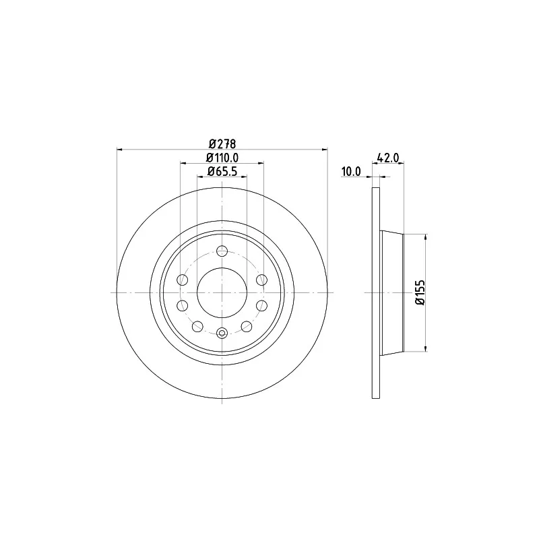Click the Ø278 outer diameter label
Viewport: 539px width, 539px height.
222,144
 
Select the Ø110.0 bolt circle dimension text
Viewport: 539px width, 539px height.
222,158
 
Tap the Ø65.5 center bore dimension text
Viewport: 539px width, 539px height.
222,171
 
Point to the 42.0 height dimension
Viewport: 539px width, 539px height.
388,158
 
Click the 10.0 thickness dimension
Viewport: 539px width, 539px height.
351,171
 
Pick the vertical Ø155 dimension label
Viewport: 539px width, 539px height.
420,292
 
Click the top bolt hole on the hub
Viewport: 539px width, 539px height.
222,251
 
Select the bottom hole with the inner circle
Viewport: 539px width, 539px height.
222,333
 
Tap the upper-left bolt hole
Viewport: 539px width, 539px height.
182,280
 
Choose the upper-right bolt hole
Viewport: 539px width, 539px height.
262,280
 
